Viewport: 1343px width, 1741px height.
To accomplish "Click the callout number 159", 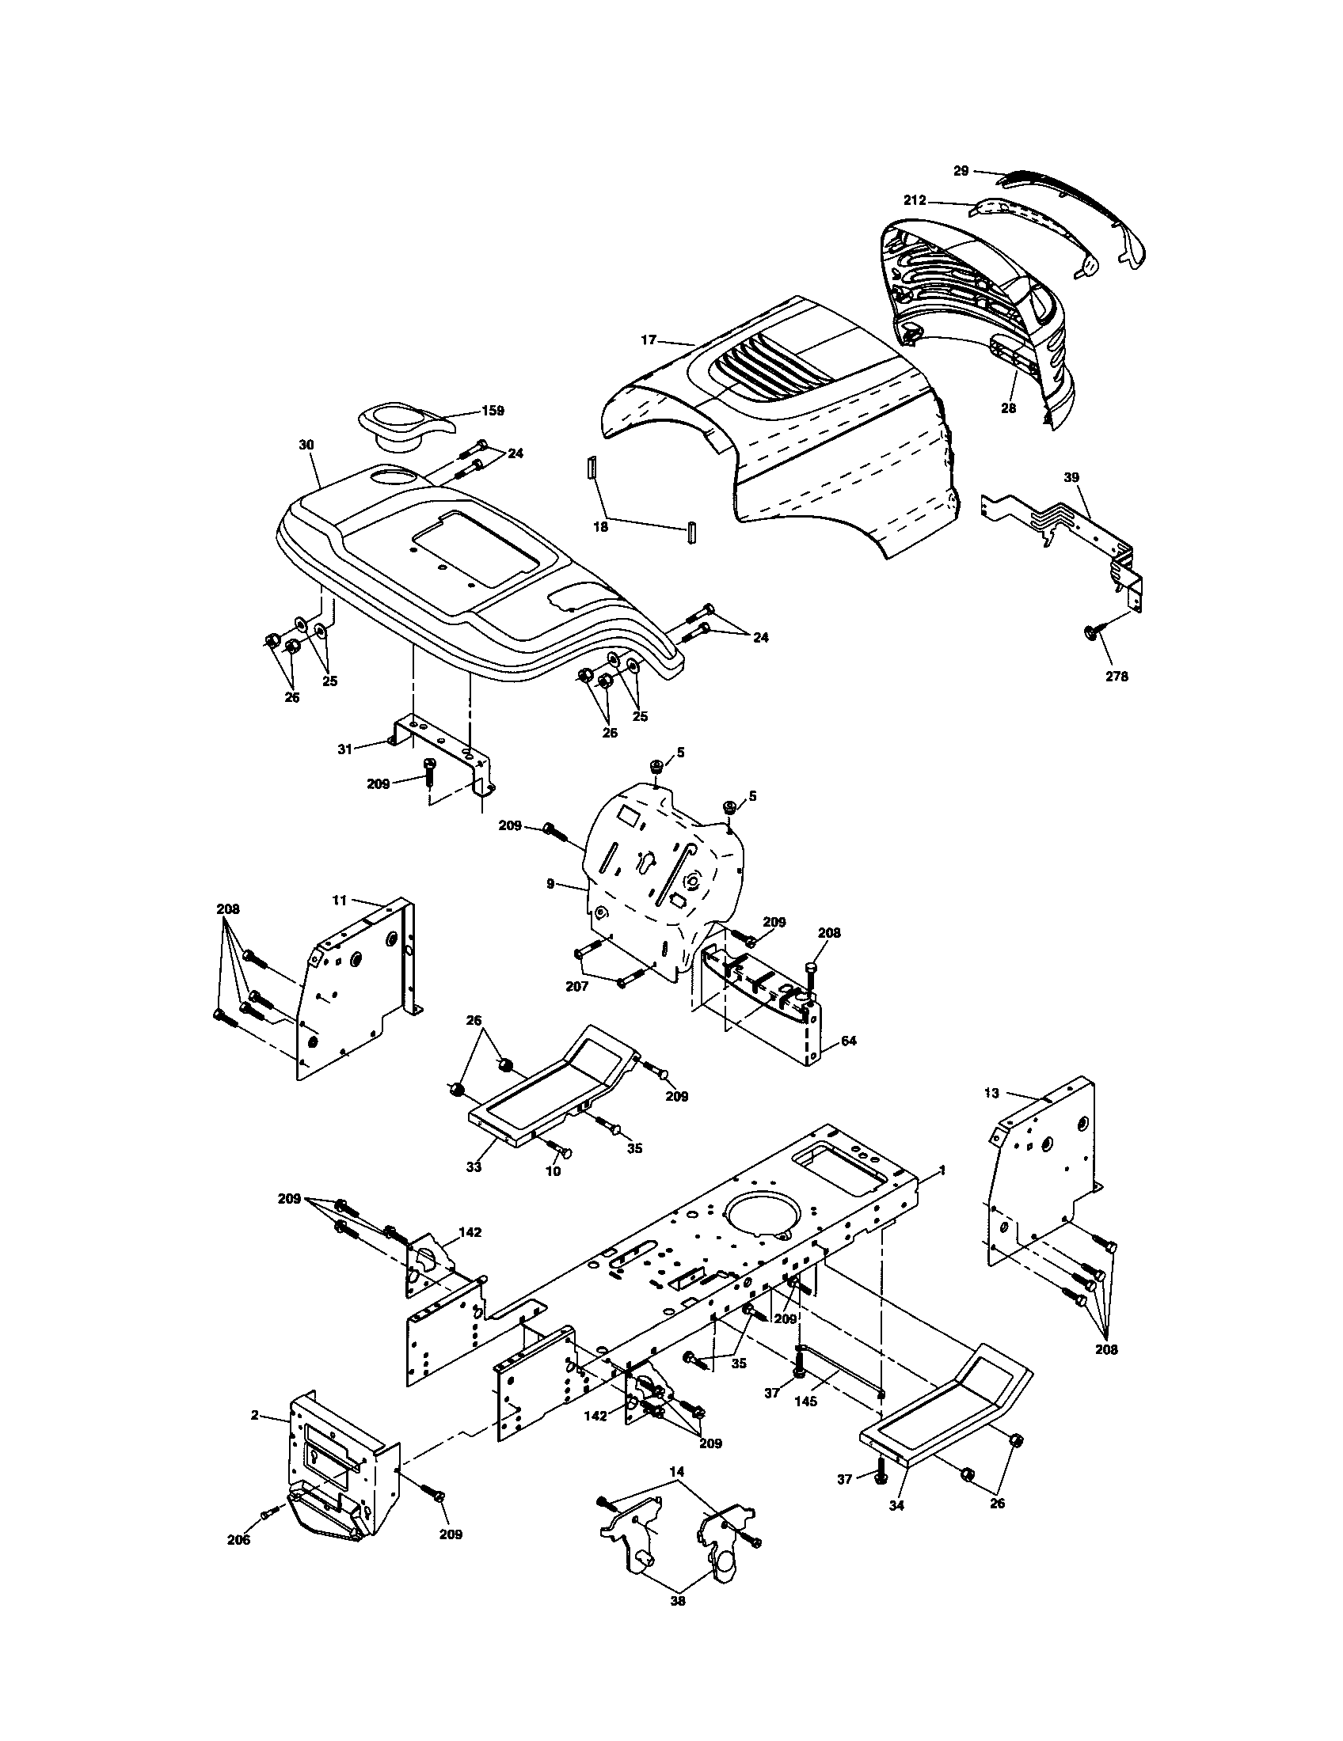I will coord(493,411).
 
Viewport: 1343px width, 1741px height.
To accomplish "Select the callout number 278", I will coord(1117,676).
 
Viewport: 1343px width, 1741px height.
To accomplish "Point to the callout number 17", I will coord(648,339).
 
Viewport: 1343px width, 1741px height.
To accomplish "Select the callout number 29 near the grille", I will coord(961,171).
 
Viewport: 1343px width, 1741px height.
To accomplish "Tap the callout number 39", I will coord(1071,476).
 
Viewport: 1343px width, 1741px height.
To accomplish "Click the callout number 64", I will coord(849,1041).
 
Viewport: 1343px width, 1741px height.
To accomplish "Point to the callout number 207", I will coord(576,986).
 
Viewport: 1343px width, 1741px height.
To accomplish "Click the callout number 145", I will coord(805,1402).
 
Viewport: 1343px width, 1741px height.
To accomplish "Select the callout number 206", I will coord(238,1539).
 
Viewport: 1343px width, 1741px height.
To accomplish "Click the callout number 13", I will coord(991,1093).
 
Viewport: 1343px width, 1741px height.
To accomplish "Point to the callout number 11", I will coord(339,900).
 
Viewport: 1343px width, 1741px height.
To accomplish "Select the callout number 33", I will coord(474,1166).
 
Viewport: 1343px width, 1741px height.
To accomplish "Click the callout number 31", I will coord(344,749).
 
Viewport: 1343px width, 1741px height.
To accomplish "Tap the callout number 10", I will coord(553,1171).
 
